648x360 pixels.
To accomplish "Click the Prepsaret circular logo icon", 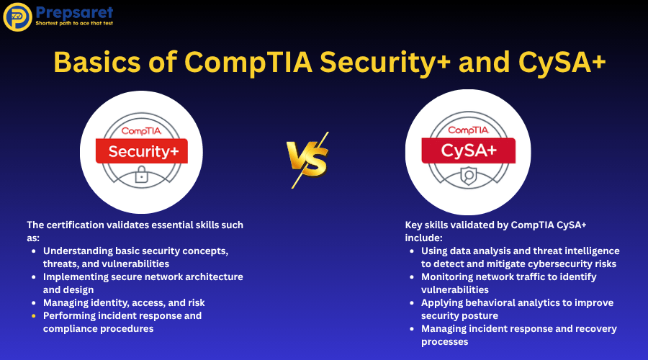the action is tap(17, 17).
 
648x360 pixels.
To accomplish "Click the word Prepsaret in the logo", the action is tap(74, 12).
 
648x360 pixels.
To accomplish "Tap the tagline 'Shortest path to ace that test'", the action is tap(74, 23).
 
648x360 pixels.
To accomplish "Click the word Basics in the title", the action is tap(97, 63).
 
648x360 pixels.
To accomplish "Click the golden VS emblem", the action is tap(308, 160).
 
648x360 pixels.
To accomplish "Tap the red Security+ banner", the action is tap(142, 151).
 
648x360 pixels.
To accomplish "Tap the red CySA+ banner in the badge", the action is tap(468, 150).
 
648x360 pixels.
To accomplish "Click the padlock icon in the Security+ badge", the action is tap(141, 174).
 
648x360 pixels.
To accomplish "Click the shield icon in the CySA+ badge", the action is tap(469, 176).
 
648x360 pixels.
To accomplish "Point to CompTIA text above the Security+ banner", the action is tap(141, 131).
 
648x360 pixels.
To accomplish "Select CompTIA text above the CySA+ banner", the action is tap(468, 130).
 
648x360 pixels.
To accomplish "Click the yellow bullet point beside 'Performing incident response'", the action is tap(34, 316).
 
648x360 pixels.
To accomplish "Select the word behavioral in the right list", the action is tap(490, 303).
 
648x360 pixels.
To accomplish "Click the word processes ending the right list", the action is tap(445, 342).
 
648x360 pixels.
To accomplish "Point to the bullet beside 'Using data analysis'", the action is tap(412, 251).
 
